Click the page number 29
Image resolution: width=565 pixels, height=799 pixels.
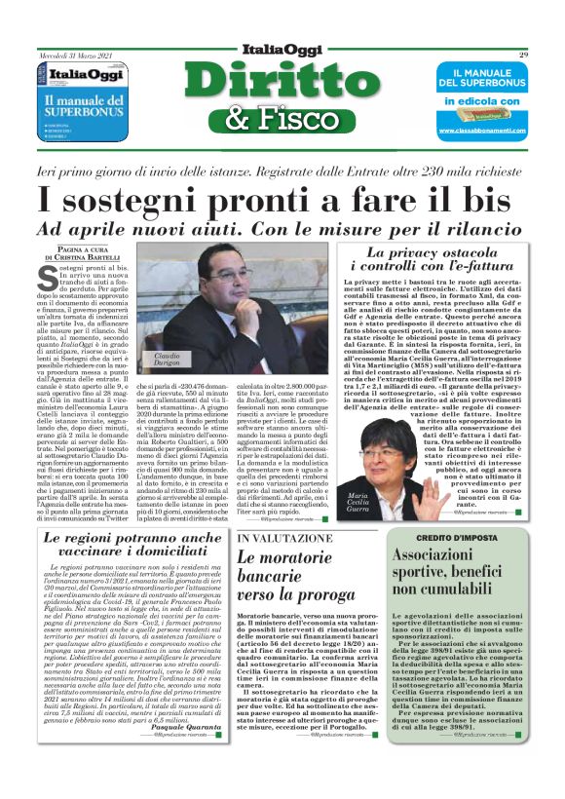[523, 55]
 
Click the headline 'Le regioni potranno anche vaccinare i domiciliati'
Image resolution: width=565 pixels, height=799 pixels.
[132, 546]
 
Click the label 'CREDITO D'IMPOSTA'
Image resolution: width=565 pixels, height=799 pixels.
[457, 536]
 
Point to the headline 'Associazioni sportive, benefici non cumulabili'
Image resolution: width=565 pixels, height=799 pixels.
[457, 572]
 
